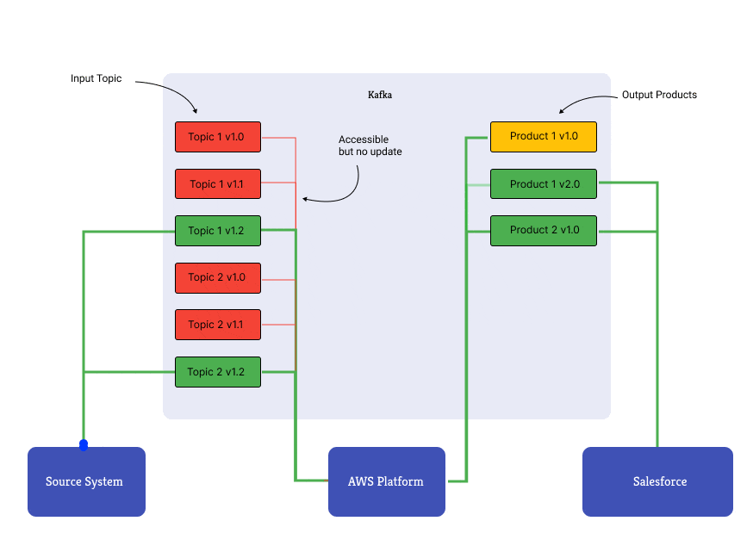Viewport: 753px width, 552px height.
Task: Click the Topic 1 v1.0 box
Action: tap(217, 137)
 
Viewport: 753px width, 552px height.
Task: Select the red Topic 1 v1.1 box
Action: tap(217, 183)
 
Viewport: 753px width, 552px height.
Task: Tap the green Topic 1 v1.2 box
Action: tap(217, 231)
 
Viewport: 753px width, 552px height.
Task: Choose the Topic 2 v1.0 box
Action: tap(217, 277)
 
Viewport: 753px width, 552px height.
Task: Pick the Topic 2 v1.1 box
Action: tap(217, 325)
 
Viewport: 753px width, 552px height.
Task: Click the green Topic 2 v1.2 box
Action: tap(217, 372)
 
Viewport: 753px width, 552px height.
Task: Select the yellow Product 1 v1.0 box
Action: tap(544, 136)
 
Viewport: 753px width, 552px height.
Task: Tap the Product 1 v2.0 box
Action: tap(544, 183)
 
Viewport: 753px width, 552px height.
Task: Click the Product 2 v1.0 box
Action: tap(544, 230)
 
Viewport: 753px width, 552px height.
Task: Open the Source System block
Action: tap(85, 481)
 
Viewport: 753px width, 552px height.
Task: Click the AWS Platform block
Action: tap(386, 481)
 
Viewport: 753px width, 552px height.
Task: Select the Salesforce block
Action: tap(657, 481)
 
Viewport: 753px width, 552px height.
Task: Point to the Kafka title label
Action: tap(380, 95)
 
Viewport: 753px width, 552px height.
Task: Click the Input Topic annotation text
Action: tap(96, 78)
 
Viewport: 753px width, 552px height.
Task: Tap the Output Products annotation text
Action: tap(659, 95)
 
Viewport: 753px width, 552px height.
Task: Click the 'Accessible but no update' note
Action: tap(370, 146)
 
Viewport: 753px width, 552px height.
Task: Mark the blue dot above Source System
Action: tap(84, 445)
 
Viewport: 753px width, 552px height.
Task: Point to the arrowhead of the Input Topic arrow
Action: tap(196, 112)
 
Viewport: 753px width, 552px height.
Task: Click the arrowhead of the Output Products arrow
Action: tap(562, 110)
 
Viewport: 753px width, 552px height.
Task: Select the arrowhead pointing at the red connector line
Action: tap(304, 200)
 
